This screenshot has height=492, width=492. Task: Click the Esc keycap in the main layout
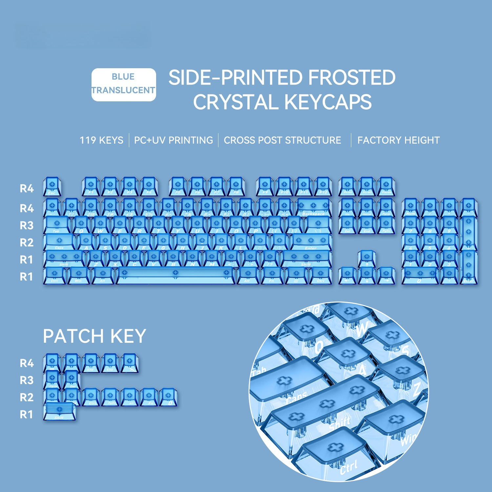52,187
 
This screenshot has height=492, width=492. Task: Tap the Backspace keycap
314,208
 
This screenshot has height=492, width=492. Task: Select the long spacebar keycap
175,275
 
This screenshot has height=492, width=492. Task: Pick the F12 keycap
323,187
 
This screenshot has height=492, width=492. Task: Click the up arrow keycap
367,259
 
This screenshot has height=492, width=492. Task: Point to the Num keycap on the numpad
410,208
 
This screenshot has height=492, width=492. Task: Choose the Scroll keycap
367,187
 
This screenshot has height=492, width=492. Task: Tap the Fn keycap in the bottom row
272,275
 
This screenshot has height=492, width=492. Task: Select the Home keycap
367,208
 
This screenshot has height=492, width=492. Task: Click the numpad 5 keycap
430,242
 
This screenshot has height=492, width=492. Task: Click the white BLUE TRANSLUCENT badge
124,85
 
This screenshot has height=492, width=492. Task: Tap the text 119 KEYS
102,140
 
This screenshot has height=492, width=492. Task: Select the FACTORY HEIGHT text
398,140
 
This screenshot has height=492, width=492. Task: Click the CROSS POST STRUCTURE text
282,140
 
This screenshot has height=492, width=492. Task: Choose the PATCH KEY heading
94,336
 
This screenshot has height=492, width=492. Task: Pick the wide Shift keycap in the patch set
59,411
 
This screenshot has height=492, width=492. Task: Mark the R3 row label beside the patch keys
27,380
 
